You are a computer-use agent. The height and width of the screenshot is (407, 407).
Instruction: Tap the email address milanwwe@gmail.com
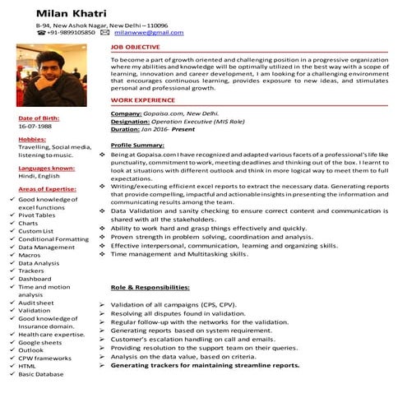[x=149, y=32]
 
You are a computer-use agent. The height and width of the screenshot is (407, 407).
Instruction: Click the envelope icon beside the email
[x=104, y=32]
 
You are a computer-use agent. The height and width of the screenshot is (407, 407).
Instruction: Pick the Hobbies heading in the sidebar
[x=32, y=139]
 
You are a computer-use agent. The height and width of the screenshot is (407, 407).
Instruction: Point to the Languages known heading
[x=46, y=167]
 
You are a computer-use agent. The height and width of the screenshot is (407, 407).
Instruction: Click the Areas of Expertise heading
[x=47, y=189]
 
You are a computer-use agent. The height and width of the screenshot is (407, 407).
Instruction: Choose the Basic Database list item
[x=41, y=373]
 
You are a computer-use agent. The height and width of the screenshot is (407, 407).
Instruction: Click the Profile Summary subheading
[x=136, y=144]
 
